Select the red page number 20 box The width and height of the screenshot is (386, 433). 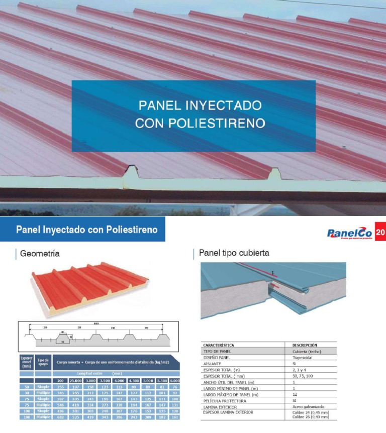pos(380,233)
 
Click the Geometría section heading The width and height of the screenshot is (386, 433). pos(40,254)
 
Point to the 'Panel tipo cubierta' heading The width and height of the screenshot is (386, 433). pos(234,253)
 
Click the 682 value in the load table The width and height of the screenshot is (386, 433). pos(61,417)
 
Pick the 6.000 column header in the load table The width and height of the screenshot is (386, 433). pos(175,381)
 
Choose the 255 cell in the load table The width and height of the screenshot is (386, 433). pos(61,387)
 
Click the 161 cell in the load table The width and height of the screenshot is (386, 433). pos(175,417)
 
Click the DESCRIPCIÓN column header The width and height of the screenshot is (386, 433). pos(305,346)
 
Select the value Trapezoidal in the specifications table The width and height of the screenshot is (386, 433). pos(303,358)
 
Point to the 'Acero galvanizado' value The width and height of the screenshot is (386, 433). pos(308,406)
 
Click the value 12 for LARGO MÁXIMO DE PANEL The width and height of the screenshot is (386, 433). pos(295,394)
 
